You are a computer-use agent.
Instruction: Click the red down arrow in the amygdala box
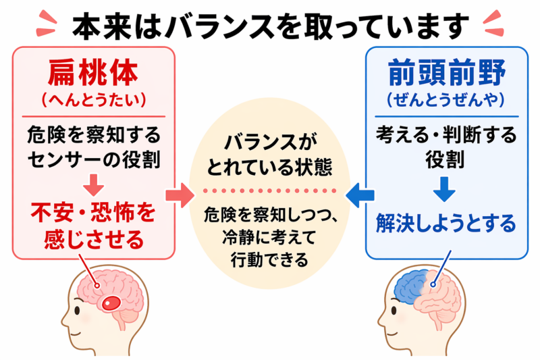pos(94,184)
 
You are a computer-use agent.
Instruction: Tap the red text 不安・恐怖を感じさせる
pos(94,226)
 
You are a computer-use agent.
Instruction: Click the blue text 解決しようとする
pos(443,222)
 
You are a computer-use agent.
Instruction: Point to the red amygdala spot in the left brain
pos(110,302)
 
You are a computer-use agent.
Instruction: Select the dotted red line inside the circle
pos(269,190)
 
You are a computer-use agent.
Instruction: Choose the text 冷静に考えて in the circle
pos(269,237)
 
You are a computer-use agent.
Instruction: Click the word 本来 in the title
pos(94,27)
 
